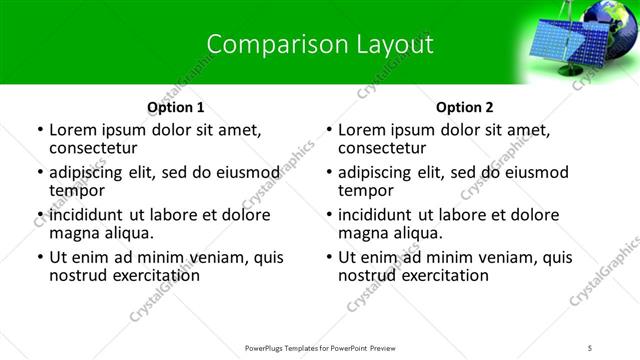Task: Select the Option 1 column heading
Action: [x=176, y=107]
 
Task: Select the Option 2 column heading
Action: [x=465, y=107]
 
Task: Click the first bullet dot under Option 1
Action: [x=39, y=130]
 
